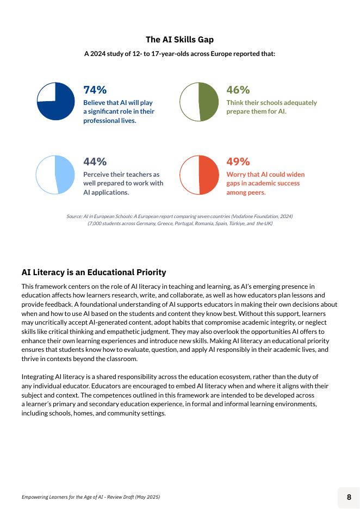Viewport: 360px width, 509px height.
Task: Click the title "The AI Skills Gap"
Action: (x=179, y=40)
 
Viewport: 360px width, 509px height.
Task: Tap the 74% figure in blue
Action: (x=95, y=90)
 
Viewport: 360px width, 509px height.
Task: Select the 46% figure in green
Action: (x=238, y=90)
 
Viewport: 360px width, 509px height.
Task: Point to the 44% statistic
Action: (x=95, y=162)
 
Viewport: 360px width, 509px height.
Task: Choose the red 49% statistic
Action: (x=238, y=162)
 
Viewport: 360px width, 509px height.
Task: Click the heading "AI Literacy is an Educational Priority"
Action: (x=94, y=272)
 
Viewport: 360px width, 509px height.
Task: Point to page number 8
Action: (x=349, y=497)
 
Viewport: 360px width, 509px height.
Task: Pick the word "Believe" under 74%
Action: (x=94, y=102)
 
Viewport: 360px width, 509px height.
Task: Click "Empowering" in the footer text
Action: (x=36, y=497)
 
